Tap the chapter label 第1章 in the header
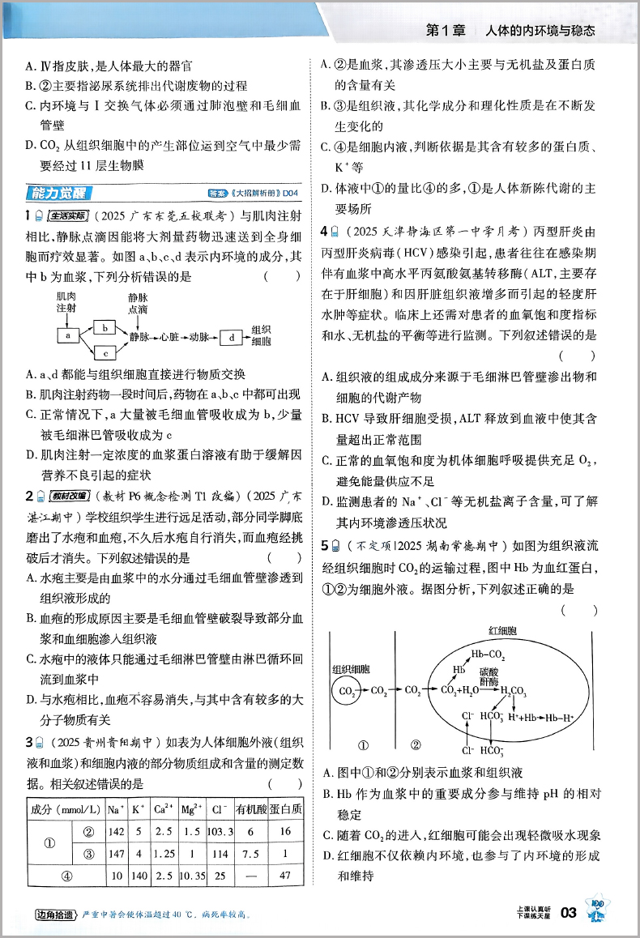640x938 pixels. tap(446, 31)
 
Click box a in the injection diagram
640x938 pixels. tap(68, 335)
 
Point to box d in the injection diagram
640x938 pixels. tap(233, 335)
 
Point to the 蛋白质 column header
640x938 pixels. tap(286, 809)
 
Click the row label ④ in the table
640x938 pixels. tap(67, 876)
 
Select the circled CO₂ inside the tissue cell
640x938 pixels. tap(346, 690)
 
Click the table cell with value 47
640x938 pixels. tap(286, 876)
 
